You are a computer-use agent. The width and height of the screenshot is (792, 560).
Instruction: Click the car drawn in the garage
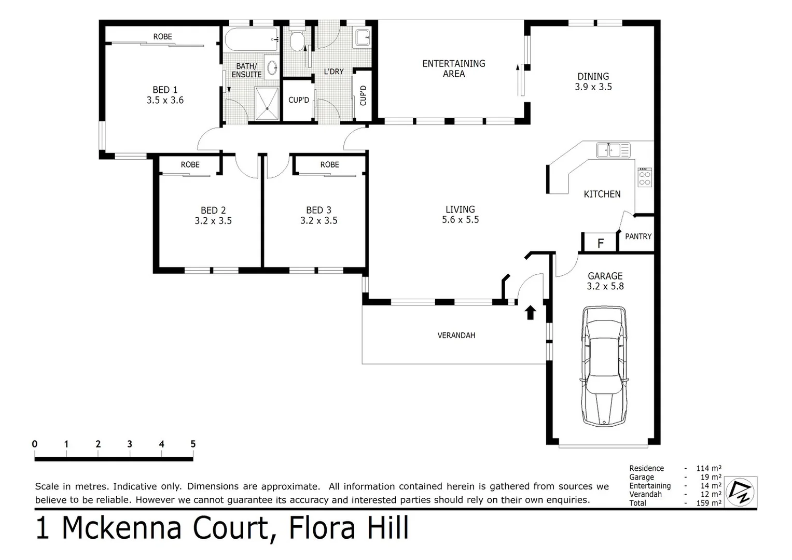pyautogui.click(x=604, y=366)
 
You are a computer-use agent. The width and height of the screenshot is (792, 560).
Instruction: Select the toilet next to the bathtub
pyautogui.click(x=297, y=40)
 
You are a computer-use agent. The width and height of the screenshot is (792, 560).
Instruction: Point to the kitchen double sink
pyautogui.click(x=613, y=150)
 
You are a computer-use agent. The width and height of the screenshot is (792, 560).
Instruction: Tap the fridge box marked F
pyautogui.click(x=600, y=243)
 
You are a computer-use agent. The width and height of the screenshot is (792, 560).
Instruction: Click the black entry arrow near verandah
pyautogui.click(x=530, y=312)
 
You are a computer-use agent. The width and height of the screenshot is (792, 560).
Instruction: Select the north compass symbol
pyautogui.click(x=741, y=492)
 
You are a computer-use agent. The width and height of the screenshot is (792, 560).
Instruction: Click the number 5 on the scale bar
pyautogui.click(x=193, y=444)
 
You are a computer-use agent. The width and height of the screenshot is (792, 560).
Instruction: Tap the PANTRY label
pyautogui.click(x=638, y=236)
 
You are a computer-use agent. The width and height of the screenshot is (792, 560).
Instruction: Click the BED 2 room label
pyautogui.click(x=213, y=211)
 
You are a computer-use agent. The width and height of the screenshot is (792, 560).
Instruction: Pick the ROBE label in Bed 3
pyautogui.click(x=329, y=165)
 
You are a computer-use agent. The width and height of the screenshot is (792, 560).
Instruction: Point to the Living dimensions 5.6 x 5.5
pyautogui.click(x=460, y=220)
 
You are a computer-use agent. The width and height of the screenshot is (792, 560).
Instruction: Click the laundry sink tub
pyautogui.click(x=363, y=37)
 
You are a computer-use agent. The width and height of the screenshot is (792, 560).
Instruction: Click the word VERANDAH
pyautogui.click(x=456, y=335)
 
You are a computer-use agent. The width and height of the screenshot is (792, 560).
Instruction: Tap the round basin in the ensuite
pyautogui.click(x=271, y=67)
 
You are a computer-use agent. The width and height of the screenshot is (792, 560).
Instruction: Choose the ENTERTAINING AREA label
pyautogui.click(x=454, y=68)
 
